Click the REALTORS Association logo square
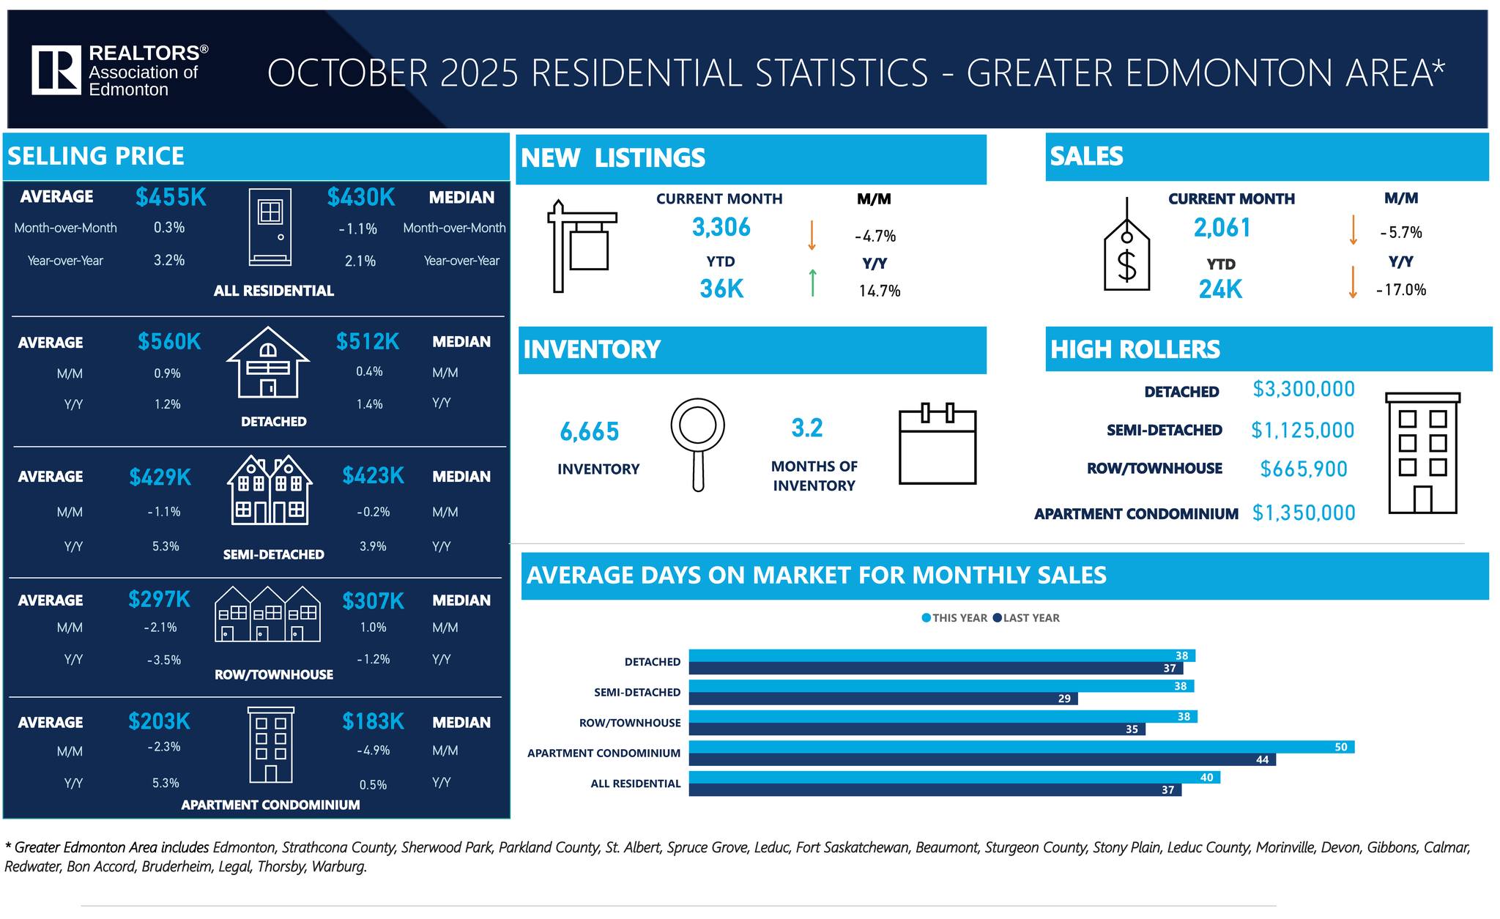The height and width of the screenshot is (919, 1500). pos(56,70)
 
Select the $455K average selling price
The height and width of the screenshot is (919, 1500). pos(171,197)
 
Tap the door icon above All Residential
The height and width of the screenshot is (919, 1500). pos(270,226)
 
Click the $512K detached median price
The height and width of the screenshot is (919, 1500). pos(368,341)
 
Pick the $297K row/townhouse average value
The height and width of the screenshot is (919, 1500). pos(159,599)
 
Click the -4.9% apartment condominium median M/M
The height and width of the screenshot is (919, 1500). pos(373,751)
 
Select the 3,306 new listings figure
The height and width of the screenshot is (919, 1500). pos(721,228)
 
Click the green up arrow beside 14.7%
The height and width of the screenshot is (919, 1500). pos(812,283)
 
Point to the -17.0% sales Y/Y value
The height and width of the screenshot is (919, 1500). pos(1400,290)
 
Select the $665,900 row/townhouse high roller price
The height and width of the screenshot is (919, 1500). pos(1303,469)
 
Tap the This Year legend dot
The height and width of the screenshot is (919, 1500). pos(926,618)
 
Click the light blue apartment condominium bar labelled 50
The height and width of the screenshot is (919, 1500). pos(1021,747)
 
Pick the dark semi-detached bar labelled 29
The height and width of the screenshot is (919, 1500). pos(883,699)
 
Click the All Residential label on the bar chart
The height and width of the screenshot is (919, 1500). pos(635,784)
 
